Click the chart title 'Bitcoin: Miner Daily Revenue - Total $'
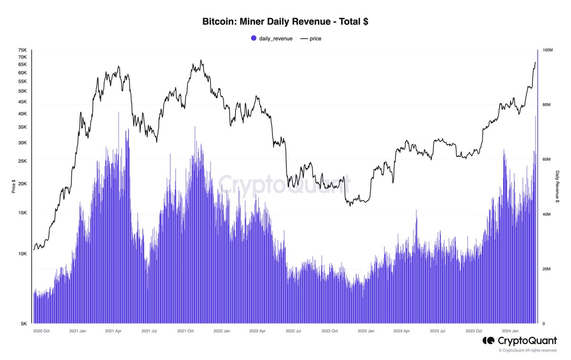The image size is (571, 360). [285, 22]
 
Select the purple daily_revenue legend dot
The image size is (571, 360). [254, 38]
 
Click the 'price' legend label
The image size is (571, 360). [315, 38]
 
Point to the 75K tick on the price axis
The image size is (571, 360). [22, 50]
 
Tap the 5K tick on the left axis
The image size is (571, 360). [24, 324]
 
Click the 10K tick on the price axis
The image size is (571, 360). [22, 254]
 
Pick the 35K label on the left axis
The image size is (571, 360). [22, 128]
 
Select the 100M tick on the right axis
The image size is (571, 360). [548, 50]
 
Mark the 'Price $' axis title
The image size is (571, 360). [13, 187]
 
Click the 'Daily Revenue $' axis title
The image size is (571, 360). [558, 187]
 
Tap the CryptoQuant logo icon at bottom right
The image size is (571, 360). [488, 340]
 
